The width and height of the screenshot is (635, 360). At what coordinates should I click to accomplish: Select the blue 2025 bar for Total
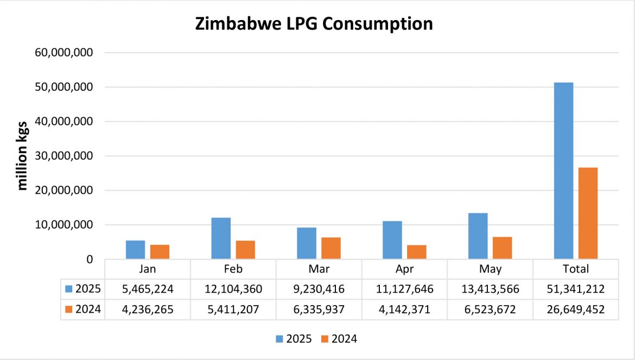pyautogui.click(x=563, y=170)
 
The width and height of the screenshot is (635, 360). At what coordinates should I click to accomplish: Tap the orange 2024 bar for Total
pyautogui.click(x=588, y=213)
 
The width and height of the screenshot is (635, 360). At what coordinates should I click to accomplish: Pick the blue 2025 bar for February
pyautogui.click(x=221, y=238)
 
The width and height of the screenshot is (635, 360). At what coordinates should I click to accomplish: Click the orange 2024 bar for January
pyautogui.click(x=160, y=252)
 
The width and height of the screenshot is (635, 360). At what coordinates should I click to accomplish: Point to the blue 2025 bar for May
pyautogui.click(x=478, y=236)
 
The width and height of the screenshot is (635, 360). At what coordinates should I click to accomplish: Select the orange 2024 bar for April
pyautogui.click(x=417, y=252)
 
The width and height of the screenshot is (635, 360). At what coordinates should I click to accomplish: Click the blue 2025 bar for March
pyautogui.click(x=307, y=243)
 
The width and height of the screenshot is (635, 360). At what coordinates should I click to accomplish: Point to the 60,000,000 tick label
pyautogui.click(x=64, y=53)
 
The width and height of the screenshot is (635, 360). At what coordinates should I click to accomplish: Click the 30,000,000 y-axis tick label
pyautogui.click(x=64, y=156)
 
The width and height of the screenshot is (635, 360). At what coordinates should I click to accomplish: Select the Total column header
pyautogui.click(x=576, y=269)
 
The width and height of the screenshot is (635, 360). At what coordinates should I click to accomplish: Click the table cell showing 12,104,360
pyautogui.click(x=233, y=289)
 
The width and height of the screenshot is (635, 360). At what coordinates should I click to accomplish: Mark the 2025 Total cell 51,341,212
pyautogui.click(x=576, y=289)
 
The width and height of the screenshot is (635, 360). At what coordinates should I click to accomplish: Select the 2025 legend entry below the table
pyautogui.click(x=294, y=339)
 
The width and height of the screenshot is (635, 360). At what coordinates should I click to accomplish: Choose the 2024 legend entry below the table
pyautogui.click(x=339, y=339)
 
